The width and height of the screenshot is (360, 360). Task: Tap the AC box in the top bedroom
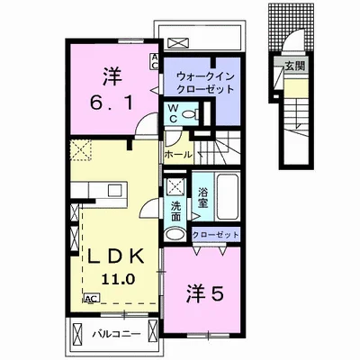pyautogui.click(x=155, y=61)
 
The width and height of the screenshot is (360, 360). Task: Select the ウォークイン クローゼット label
pyautogui.click(x=205, y=83)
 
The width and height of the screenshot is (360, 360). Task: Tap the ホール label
pyautogui.click(x=175, y=154)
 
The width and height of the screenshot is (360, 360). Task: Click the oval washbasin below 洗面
pyautogui.click(x=175, y=234)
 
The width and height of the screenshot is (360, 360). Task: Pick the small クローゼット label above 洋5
pyautogui.click(x=216, y=234)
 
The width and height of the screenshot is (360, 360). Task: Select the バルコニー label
pyautogui.click(x=114, y=336)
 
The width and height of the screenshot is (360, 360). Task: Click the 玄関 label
pyautogui.click(x=295, y=65)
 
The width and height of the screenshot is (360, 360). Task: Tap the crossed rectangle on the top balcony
pyautogui.click(x=179, y=41)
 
